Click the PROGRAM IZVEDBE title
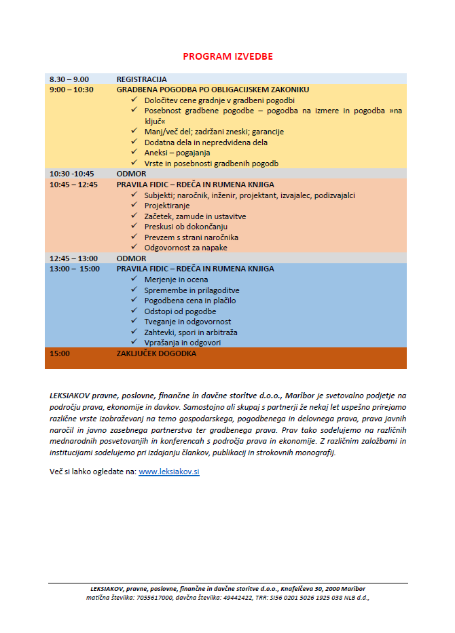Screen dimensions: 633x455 pos(227,56)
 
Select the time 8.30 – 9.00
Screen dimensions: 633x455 pos(69,79)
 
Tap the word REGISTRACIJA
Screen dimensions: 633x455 pos(141,79)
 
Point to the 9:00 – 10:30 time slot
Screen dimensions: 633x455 pos(71,90)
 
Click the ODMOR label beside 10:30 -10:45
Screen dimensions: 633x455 pos(131,174)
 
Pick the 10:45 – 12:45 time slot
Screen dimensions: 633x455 pos(73,184)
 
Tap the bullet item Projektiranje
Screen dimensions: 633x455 pos(167,206)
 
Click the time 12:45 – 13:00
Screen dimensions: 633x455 pos(73,258)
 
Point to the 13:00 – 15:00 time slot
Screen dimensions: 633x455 pos(74,269)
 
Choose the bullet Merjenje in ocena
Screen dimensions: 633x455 pos(176,280)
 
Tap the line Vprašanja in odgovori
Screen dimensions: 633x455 pos(183,343)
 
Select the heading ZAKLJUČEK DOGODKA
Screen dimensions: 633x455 pos(156,353)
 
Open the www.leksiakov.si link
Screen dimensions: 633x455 pos(168,471)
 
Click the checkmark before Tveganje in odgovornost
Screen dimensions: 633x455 pos(134,322)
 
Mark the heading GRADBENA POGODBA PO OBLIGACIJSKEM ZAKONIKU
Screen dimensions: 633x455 pos(213,90)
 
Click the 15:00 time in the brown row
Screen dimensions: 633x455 pos(60,353)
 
